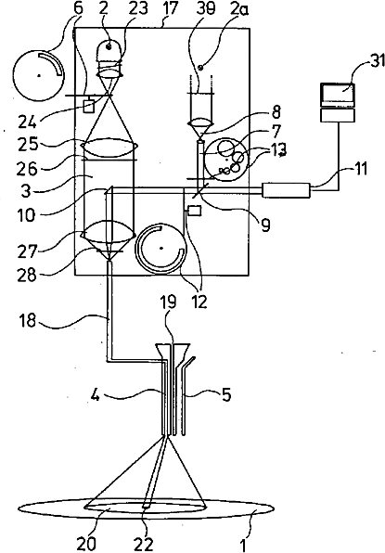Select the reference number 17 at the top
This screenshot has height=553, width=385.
(169, 8)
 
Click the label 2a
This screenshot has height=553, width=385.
(240, 9)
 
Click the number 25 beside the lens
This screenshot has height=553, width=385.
(27, 146)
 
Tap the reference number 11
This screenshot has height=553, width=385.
(359, 169)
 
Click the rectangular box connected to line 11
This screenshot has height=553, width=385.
(286, 190)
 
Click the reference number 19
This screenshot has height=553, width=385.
(169, 303)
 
